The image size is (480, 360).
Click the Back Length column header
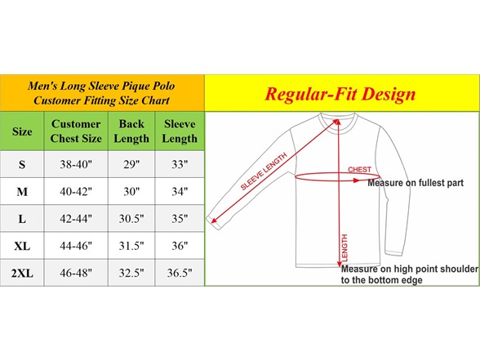pyautogui.click(x=131, y=131)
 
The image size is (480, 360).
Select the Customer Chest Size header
pyautogui.click(x=76, y=131)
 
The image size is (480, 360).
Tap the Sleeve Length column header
pyautogui.click(x=180, y=131)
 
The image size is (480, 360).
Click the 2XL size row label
pyautogui.click(x=22, y=273)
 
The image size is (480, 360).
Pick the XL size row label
pyautogui.click(x=22, y=246)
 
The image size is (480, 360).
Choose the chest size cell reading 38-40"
pyautogui.click(x=76, y=164)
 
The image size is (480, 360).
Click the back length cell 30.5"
pyautogui.click(x=131, y=219)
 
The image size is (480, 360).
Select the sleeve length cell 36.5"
pyautogui.click(x=180, y=273)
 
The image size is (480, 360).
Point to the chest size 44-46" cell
pyautogui.click(x=76, y=246)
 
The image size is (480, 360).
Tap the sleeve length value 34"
pyautogui.click(x=180, y=192)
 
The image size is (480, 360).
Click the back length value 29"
pyautogui.click(x=131, y=164)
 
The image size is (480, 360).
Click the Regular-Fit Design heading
pyautogui.click(x=340, y=94)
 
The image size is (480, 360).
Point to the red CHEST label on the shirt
pyautogui.click(x=359, y=169)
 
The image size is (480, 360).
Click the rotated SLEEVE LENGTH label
pyautogui.click(x=264, y=171)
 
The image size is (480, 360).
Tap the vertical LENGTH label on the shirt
pyautogui.click(x=344, y=248)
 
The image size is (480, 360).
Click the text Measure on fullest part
pyautogui.click(x=416, y=183)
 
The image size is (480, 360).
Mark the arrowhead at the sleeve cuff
pyautogui.click(x=214, y=220)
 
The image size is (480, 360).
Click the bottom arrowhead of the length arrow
pyautogui.click(x=340, y=264)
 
